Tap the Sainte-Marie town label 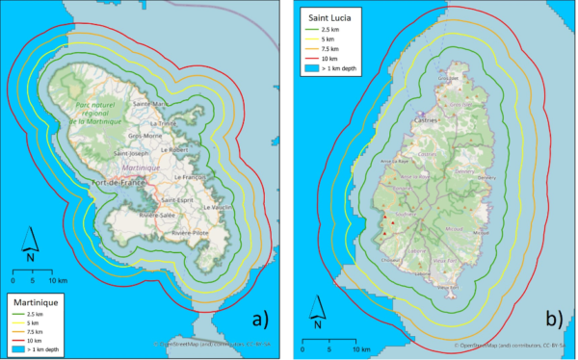151,104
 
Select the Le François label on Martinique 193,178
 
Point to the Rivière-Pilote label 192,233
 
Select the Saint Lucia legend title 331,17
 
